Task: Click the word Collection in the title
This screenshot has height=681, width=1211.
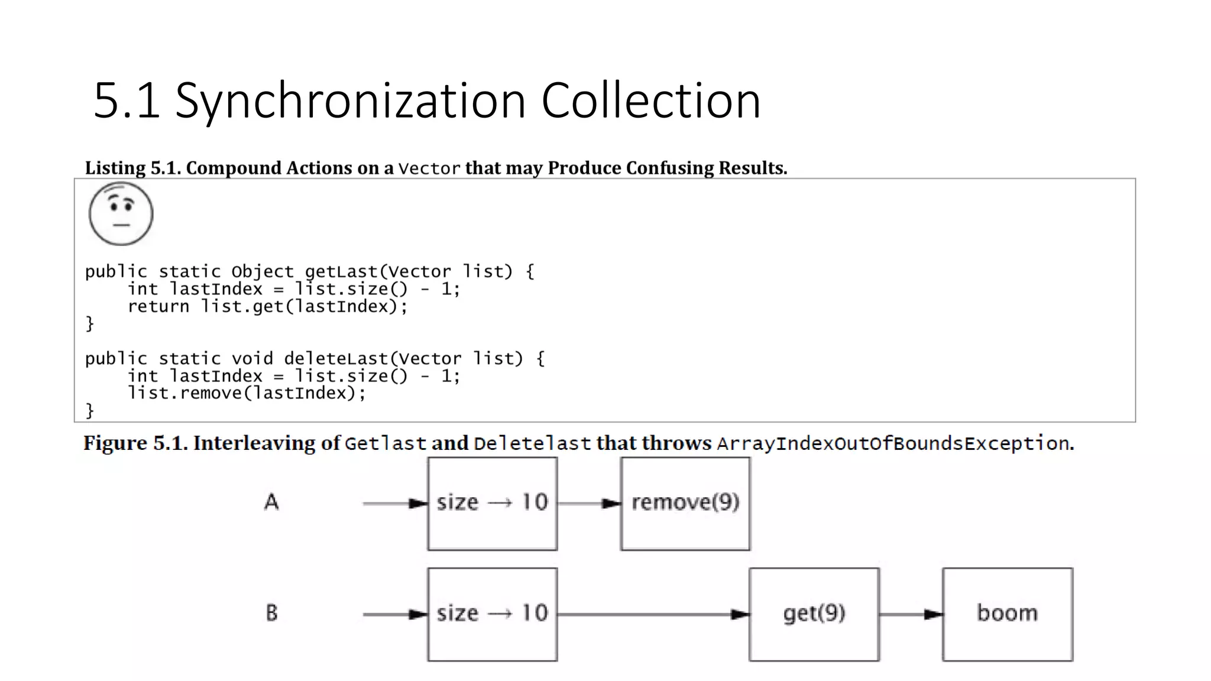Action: pyautogui.click(x=650, y=100)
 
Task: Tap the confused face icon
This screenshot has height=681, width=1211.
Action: pyautogui.click(x=121, y=214)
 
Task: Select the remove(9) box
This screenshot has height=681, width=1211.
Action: pyautogui.click(x=685, y=503)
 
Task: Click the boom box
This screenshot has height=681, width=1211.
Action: pyautogui.click(x=1007, y=614)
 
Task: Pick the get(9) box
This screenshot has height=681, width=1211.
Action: pyautogui.click(x=814, y=614)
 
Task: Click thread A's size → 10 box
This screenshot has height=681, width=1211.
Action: pyautogui.click(x=492, y=503)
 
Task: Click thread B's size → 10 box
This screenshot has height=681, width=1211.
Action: pyautogui.click(x=492, y=614)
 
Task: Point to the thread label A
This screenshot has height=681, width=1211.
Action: pyautogui.click(x=271, y=502)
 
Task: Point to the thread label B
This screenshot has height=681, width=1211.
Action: pyautogui.click(x=271, y=613)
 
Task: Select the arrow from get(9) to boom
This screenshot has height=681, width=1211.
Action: pyautogui.click(x=911, y=615)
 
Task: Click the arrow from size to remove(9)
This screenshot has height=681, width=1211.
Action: pyautogui.click(x=589, y=504)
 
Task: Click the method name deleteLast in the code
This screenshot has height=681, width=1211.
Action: pyautogui.click(x=335, y=359)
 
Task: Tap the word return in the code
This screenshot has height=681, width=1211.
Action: pyautogui.click(x=158, y=307)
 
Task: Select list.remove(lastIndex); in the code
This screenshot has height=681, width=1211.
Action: pyautogui.click(x=247, y=394)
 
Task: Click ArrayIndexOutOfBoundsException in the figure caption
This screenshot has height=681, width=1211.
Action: pyautogui.click(x=893, y=443)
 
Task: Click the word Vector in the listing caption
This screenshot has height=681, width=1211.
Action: pyautogui.click(x=429, y=169)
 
